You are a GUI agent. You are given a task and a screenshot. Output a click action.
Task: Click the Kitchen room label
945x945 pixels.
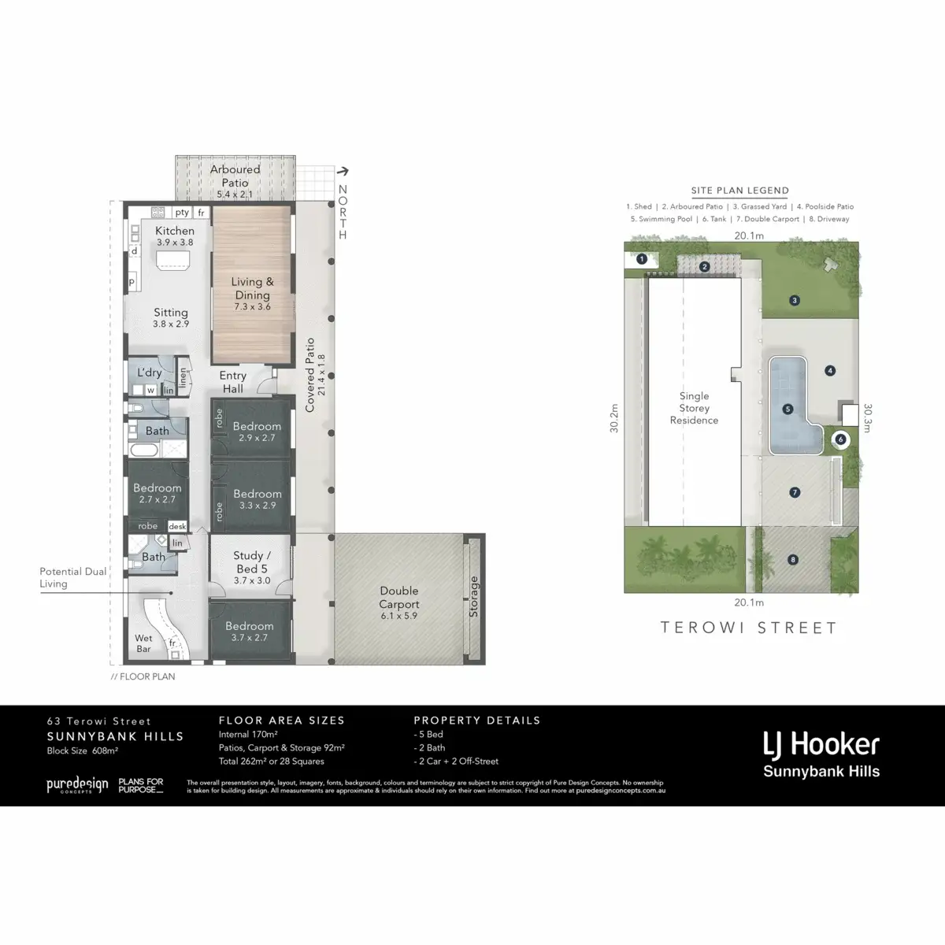click(x=174, y=231)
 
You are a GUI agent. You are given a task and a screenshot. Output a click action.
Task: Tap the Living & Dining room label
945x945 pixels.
click(x=252, y=288)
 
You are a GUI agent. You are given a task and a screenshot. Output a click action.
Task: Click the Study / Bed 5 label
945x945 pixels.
click(x=252, y=561)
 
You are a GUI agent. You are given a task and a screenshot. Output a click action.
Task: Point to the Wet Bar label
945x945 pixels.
click(x=143, y=643)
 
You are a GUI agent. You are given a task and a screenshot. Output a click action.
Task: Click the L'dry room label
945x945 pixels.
click(x=149, y=372)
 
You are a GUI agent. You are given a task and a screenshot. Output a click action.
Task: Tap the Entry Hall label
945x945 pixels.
click(x=232, y=382)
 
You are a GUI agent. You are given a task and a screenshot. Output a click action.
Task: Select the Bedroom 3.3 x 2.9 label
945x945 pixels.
click(x=257, y=494)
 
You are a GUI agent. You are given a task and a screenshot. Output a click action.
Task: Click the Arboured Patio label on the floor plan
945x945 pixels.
click(x=235, y=176)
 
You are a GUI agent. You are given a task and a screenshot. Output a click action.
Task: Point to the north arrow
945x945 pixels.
click(x=343, y=170)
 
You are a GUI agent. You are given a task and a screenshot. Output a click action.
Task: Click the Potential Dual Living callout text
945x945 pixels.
click(x=73, y=577)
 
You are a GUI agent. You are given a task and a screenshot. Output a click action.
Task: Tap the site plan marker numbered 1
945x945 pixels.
click(x=642, y=258)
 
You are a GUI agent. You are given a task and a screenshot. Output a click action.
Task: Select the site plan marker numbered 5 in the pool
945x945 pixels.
click(x=787, y=409)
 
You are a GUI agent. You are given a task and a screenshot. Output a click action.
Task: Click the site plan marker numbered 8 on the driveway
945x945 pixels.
click(x=793, y=560)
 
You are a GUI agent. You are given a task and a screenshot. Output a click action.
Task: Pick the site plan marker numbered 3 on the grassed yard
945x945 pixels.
click(x=795, y=300)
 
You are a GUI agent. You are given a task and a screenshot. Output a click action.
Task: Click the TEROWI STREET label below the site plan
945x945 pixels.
click(x=748, y=628)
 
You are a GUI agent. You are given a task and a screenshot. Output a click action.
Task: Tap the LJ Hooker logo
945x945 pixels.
click(x=821, y=754)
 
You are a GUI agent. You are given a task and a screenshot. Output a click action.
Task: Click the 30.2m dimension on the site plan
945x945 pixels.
click(x=614, y=419)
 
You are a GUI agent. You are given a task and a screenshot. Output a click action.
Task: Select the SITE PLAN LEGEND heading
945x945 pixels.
click(x=739, y=191)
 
